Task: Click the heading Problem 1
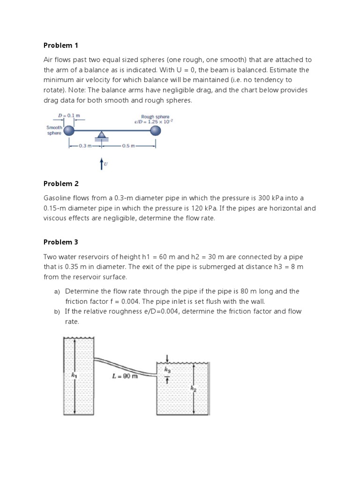click(61, 45)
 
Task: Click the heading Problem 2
click(61, 183)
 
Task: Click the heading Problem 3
click(61, 242)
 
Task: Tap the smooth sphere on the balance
click(69, 131)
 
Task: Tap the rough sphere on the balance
click(155, 131)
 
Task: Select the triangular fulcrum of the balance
click(101, 135)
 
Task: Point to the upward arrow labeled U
click(101, 163)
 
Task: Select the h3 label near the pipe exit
click(167, 370)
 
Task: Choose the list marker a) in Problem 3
click(57, 292)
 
